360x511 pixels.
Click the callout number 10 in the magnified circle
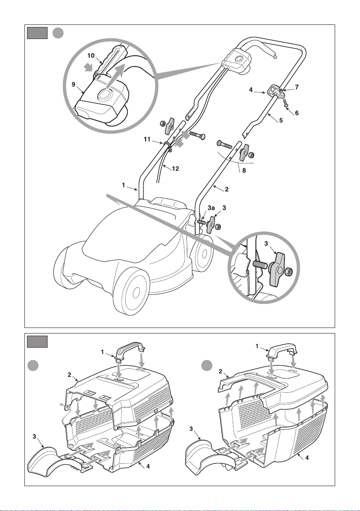click(91, 55)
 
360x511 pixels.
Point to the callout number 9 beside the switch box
click(74, 84)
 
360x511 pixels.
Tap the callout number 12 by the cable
click(175, 168)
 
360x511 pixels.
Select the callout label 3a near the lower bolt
click(211, 207)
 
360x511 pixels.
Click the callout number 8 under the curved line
click(244, 170)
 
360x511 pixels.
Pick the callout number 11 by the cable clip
click(147, 139)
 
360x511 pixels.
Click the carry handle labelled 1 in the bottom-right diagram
click(282, 350)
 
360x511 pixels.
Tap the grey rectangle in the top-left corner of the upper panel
click(37, 33)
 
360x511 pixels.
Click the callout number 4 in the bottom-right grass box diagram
click(306, 457)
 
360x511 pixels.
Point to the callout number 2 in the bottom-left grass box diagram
click(69, 375)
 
